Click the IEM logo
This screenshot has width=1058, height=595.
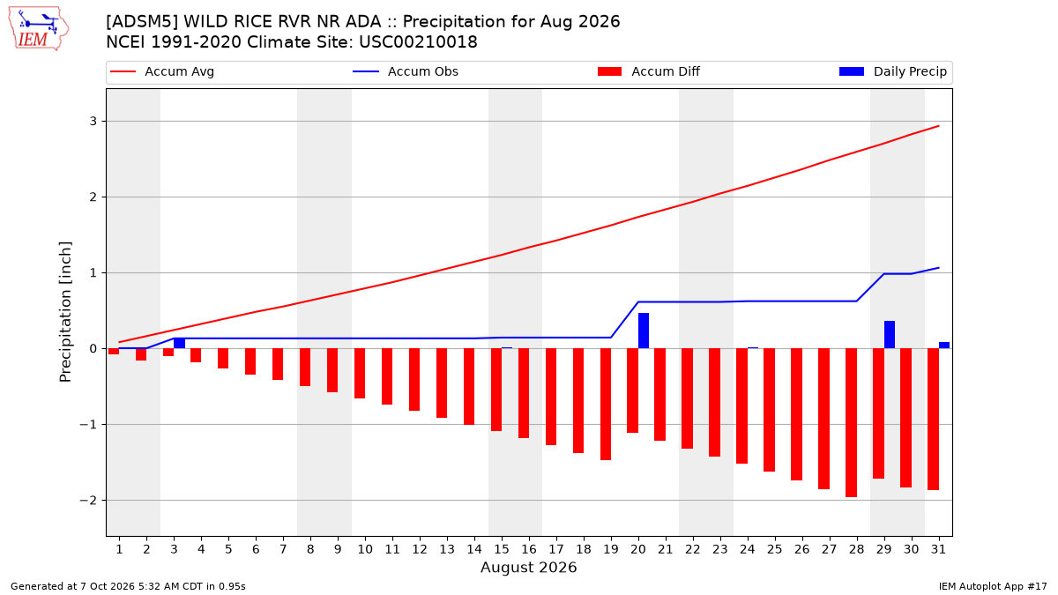pos(39,29)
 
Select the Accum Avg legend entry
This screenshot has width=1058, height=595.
pos(162,71)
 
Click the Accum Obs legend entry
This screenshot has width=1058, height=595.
pos(406,71)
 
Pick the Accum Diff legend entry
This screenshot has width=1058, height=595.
pos(649,71)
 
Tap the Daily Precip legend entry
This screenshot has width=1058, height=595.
pos(892,71)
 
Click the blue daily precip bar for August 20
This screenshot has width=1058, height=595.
pos(644,331)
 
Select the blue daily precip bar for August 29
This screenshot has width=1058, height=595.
pos(890,335)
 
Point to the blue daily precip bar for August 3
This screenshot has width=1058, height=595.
pos(180,343)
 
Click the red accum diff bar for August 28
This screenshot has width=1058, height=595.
pos(851,422)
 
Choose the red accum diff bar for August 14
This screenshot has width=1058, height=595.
pos(469,387)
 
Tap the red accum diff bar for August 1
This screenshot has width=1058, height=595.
pos(114,352)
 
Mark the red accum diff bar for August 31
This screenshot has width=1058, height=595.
pos(933,420)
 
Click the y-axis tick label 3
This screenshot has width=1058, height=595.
pos(93,122)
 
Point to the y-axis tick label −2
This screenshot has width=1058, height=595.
pos(88,501)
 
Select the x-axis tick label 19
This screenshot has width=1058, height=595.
pos(611,549)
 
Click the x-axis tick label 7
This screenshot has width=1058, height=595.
pos(283,549)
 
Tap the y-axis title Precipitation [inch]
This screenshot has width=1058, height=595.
pos(65,312)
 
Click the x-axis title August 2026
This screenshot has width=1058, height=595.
pos(528,567)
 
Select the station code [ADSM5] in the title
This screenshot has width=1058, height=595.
pos(142,22)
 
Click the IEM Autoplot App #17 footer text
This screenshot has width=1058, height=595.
pos(993,586)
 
